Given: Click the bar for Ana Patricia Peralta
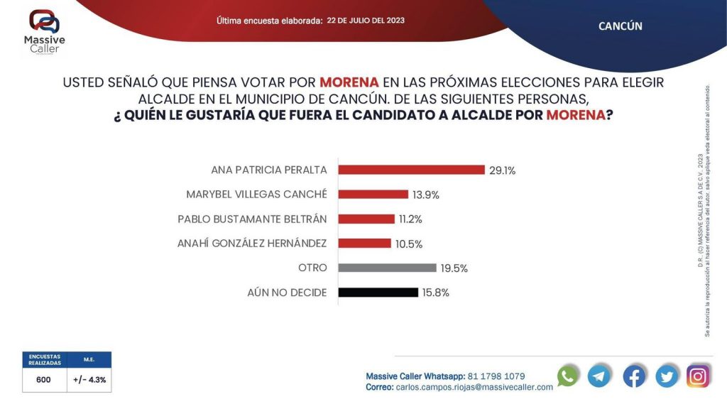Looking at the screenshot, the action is point(411,170).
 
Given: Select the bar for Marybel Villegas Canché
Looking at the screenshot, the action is point(373,195).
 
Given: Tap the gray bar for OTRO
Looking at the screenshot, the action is point(387,268).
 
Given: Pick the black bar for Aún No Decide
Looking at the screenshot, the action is point(378,292).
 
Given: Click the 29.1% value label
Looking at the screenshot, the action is point(502,170).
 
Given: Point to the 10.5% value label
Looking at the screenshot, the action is point(408,244).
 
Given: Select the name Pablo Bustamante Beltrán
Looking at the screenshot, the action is point(252,219).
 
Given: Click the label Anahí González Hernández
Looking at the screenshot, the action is point(252,244).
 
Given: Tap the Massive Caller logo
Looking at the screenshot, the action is point(45,31).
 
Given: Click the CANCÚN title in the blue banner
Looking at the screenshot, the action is point(620,26).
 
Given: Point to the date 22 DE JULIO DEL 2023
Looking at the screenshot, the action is point(366,21).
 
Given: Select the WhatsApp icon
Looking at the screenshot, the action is point(567,376).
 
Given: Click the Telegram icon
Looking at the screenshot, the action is point(599,376).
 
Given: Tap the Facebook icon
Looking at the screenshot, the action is point(634,376).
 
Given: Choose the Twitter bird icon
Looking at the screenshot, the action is point(667,376).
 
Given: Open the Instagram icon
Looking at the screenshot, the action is point(699,376).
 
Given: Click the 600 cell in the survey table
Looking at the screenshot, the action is point(43,380).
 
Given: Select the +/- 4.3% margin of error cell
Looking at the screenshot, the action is point(89,380).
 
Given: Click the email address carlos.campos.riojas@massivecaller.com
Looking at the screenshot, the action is point(474,387).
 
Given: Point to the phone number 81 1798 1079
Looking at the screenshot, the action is point(496,376).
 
